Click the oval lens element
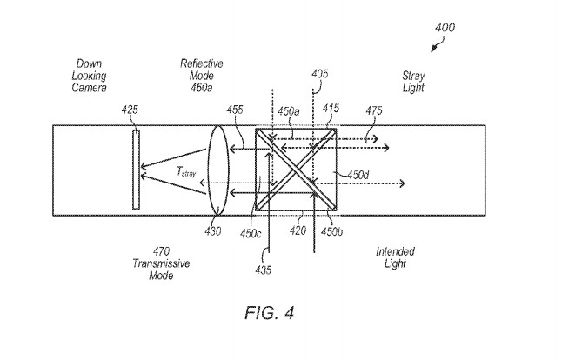(x=217, y=168)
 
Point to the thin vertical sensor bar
(x=135, y=169)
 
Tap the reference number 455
(x=235, y=111)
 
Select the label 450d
(x=358, y=174)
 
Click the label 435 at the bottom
(x=264, y=270)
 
